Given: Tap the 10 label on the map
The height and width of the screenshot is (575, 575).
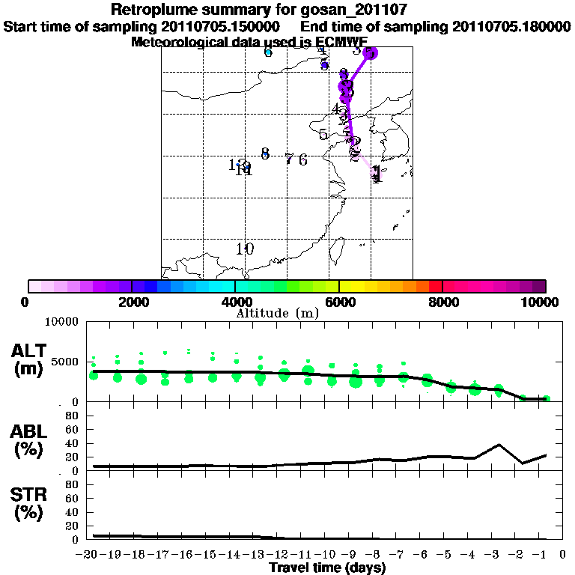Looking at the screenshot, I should (x=245, y=249).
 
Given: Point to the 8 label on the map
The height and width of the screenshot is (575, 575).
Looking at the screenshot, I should (x=265, y=153).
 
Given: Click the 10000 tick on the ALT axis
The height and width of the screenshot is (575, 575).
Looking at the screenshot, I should (x=63, y=322).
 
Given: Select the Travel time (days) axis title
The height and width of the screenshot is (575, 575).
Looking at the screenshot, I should (x=327, y=568).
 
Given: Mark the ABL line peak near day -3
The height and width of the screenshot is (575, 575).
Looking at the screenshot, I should (x=499, y=445).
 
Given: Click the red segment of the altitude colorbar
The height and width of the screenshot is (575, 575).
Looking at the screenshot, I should (x=435, y=286).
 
